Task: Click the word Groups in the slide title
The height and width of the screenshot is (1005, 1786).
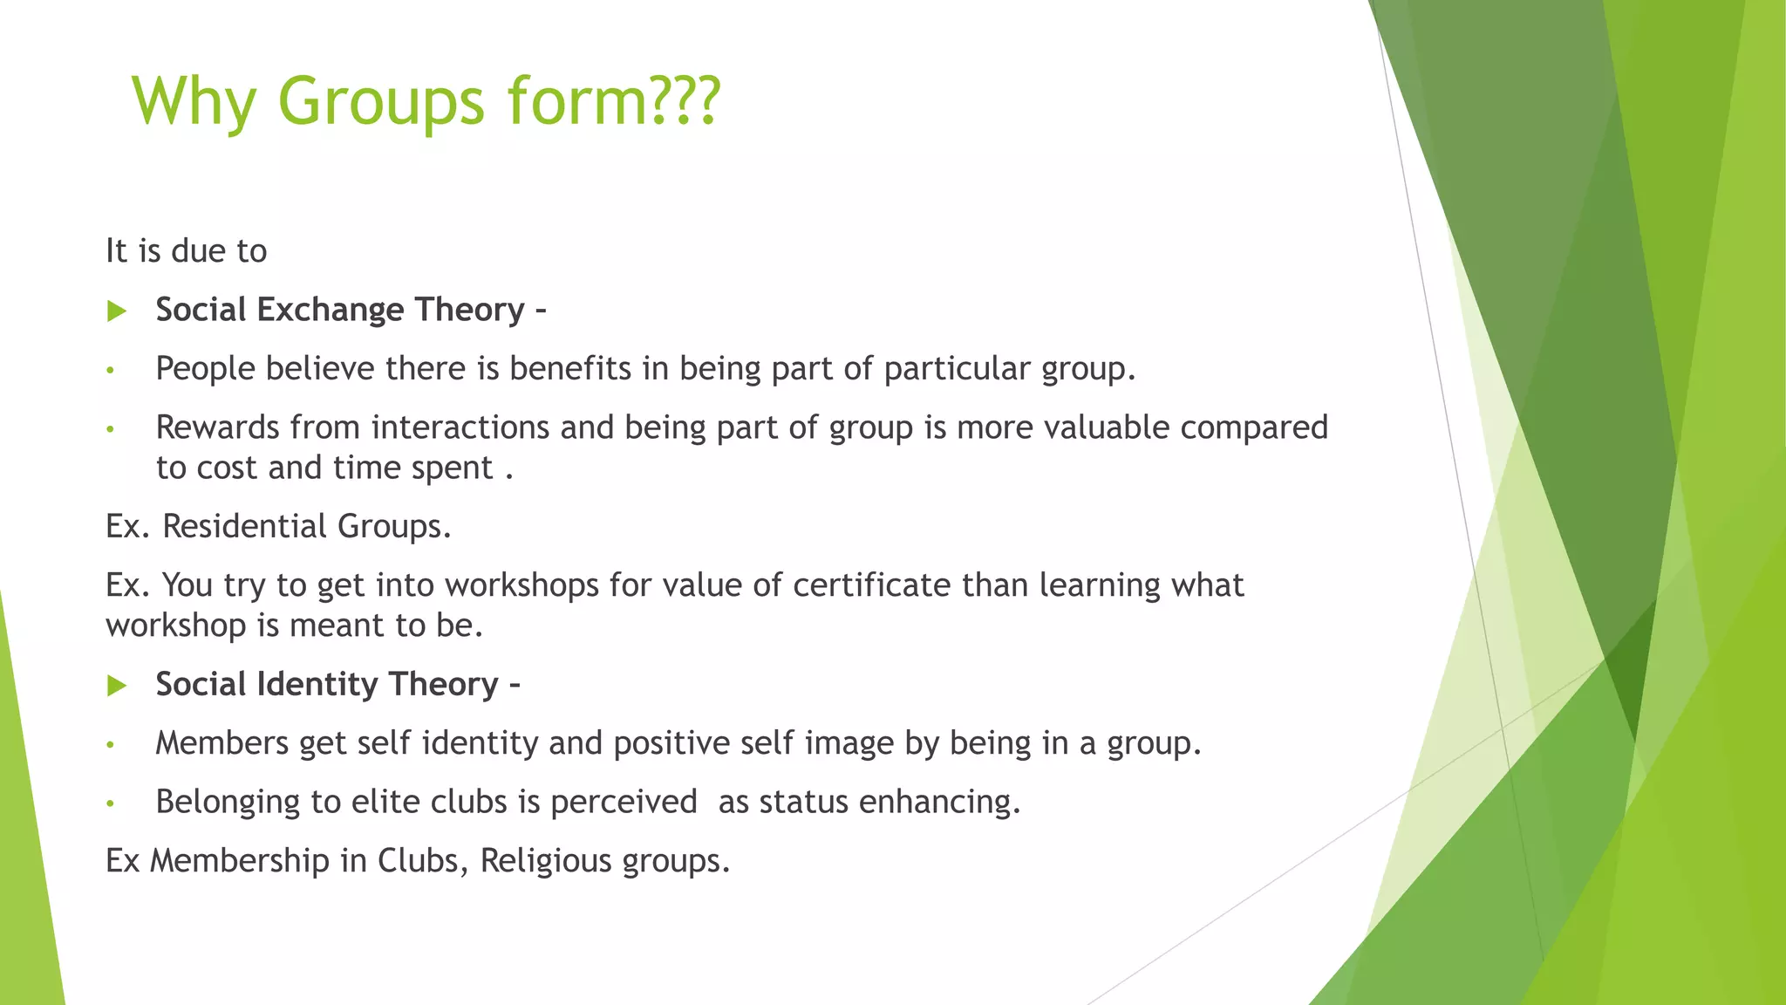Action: point(380,101)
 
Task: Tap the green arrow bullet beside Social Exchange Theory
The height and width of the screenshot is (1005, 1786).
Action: point(117,311)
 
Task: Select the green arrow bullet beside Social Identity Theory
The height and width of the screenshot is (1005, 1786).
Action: point(117,686)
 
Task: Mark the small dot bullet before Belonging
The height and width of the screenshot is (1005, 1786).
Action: point(110,803)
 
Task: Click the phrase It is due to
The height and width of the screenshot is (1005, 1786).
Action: point(186,251)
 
